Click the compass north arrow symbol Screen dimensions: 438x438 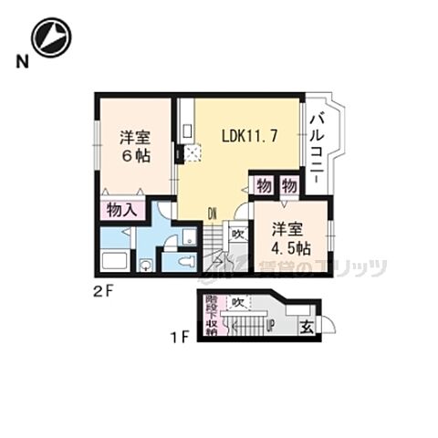[x=51, y=38]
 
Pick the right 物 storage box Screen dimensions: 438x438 [x=289, y=184]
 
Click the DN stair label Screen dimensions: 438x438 [x=211, y=215]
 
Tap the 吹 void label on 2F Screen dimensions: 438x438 [x=236, y=235]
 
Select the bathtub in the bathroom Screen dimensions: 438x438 [x=116, y=261]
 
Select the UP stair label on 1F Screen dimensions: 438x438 [x=270, y=326]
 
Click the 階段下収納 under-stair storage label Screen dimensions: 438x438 [x=212, y=315]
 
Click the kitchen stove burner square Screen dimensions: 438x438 [x=192, y=153]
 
